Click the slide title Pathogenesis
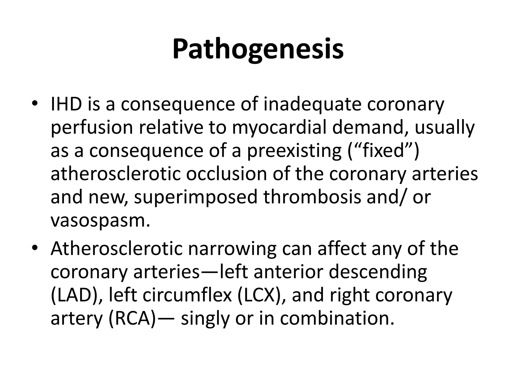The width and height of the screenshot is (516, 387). (x=258, y=49)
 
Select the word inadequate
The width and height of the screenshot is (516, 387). (x=312, y=105)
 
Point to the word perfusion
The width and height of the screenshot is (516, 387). (x=92, y=128)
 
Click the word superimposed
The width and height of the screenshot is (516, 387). (x=196, y=198)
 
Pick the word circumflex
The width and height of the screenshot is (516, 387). (x=187, y=295)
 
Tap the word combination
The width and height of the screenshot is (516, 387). (x=337, y=318)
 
